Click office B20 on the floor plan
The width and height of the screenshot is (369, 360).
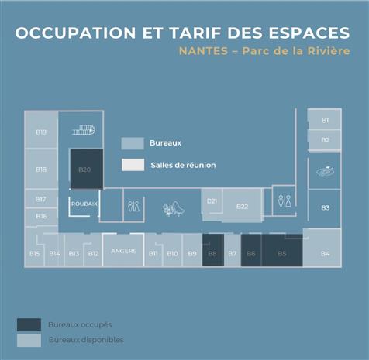(x=85, y=169)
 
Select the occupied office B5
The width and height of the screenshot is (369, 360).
(x=281, y=252)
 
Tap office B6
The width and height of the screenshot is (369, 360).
(x=250, y=252)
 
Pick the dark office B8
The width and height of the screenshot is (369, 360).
(x=212, y=252)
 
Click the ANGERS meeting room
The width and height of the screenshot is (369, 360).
(x=123, y=251)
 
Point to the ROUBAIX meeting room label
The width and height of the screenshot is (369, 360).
(x=84, y=204)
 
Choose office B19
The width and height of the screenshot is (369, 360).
(x=41, y=132)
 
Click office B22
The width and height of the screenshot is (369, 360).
(x=242, y=206)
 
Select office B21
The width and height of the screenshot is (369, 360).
(x=212, y=201)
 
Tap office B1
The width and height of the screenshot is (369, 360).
(x=325, y=120)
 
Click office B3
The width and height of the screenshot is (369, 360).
(x=325, y=207)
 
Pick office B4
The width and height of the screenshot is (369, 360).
(x=325, y=252)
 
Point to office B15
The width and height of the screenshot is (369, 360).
(x=34, y=253)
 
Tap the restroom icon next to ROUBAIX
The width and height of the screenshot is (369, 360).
(x=133, y=207)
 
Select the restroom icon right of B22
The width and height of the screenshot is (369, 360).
(x=285, y=200)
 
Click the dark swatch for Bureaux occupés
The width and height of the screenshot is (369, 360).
(x=29, y=324)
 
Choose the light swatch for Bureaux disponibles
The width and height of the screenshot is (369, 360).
(x=29, y=340)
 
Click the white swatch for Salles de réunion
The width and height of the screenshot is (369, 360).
(x=133, y=165)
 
